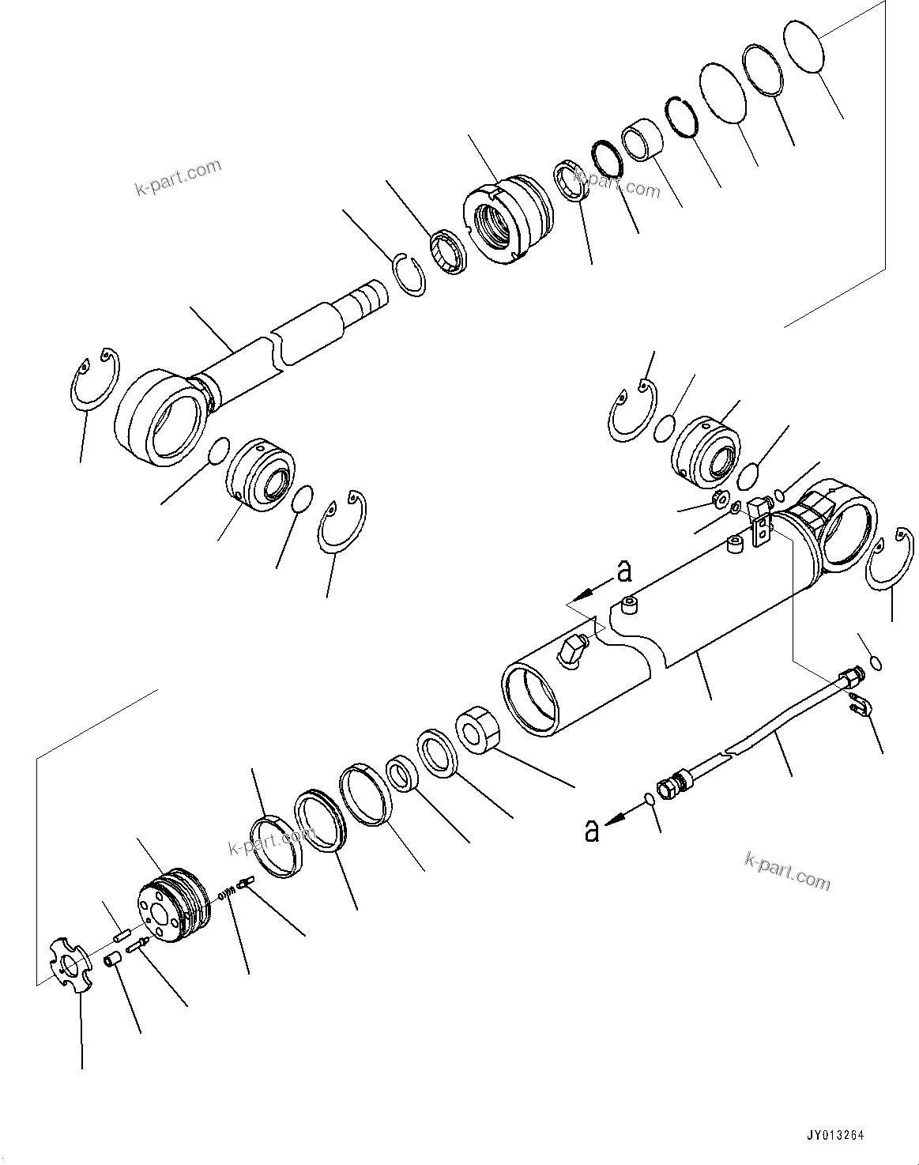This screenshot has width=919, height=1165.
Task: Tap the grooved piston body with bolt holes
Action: pos(176,908)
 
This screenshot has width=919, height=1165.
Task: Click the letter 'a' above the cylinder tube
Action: pos(623,570)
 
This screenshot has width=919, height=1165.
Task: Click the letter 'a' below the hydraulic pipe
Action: pos(591,831)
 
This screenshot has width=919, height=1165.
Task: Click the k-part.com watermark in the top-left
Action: pos(179,179)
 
